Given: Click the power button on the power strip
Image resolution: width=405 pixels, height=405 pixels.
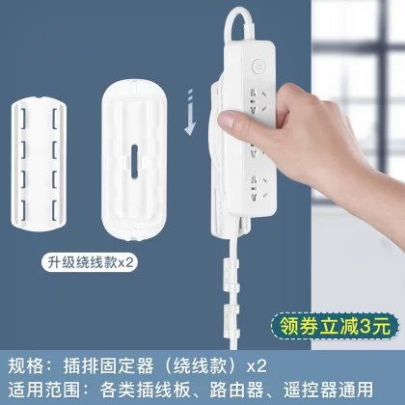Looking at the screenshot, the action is click(x=258, y=66).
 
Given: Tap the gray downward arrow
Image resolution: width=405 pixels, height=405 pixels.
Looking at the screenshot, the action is click(x=190, y=112).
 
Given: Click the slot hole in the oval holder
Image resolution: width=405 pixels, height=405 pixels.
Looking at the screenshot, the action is click(x=134, y=161).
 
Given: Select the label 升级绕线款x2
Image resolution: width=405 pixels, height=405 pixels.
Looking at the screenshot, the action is click(x=90, y=262).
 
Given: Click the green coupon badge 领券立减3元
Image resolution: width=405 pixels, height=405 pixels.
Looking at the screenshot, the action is click(x=335, y=327).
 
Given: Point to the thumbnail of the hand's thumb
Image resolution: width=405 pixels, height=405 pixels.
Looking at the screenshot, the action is click(x=228, y=121).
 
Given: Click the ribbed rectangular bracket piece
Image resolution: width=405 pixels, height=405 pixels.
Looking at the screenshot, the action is click(x=40, y=164).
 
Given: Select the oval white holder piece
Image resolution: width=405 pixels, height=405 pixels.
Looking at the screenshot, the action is click(x=134, y=160).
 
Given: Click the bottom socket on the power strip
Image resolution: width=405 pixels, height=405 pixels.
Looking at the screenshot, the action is click(x=258, y=188).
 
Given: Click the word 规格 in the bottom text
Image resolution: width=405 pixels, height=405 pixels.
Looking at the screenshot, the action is click(x=25, y=365).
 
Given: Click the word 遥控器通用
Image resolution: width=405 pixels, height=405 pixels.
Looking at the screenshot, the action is click(x=328, y=390).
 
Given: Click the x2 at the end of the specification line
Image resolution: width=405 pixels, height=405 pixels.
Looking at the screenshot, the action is click(x=256, y=366).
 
